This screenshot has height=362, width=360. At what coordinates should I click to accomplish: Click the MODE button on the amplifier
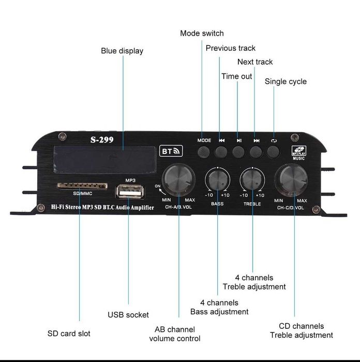[x=204, y=152]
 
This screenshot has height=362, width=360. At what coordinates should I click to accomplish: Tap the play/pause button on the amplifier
[x=238, y=152]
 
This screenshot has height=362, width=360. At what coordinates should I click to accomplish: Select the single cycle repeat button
[x=273, y=152]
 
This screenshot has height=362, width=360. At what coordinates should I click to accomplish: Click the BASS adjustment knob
[x=218, y=180]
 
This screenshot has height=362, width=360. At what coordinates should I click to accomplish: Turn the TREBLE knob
[x=252, y=180]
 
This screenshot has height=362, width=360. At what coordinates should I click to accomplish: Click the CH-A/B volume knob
[x=178, y=179]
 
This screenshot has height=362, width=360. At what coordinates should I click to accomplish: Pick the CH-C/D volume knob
[x=291, y=179]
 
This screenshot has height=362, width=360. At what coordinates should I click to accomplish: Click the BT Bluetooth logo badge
[x=171, y=151]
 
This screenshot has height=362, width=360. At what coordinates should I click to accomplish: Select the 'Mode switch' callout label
[x=202, y=33]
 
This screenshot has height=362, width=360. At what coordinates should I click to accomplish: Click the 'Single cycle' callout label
[x=286, y=81]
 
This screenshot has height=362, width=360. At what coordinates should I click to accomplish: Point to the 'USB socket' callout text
[x=128, y=314]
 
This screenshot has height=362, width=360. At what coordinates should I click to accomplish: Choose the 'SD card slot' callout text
[x=69, y=333]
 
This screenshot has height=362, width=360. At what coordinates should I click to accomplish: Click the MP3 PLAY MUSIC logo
[x=299, y=153]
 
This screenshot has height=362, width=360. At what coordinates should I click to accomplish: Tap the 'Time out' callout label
[x=237, y=76]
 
